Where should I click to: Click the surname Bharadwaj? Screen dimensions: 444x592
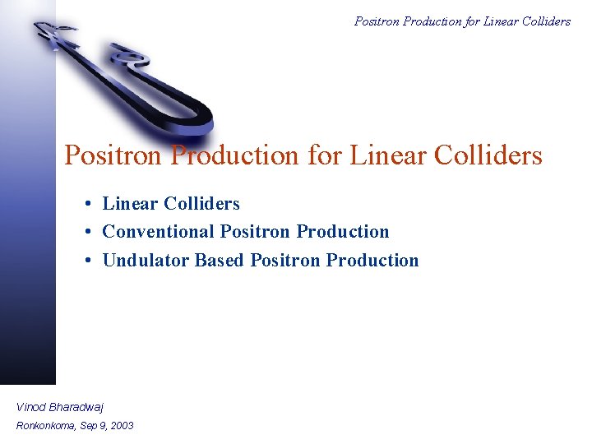[76, 406]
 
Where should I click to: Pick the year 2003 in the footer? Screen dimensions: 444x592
[121, 425]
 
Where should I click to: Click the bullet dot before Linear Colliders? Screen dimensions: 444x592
[86, 204]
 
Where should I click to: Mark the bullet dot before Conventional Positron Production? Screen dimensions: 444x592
[86, 233]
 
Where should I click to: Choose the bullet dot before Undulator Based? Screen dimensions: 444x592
[86, 261]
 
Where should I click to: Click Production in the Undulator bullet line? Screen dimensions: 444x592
[372, 261]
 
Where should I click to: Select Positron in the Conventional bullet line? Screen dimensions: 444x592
[256, 232]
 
